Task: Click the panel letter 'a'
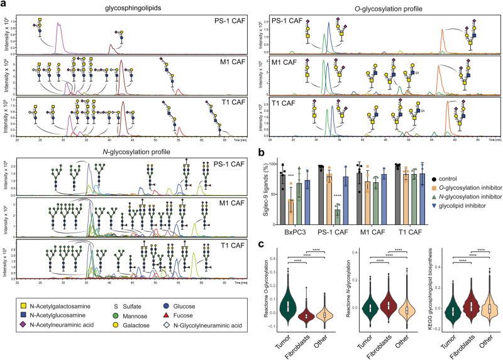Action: pyautogui.click(x=4, y=4)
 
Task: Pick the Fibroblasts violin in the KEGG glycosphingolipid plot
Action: pyautogui.click(x=460, y=307)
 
